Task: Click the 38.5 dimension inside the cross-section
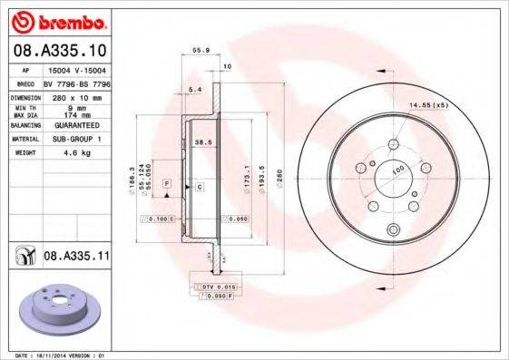tap(203, 142)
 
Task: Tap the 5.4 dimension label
tap(193, 89)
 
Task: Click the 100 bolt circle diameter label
tap(397, 170)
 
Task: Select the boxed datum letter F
tap(167, 184)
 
